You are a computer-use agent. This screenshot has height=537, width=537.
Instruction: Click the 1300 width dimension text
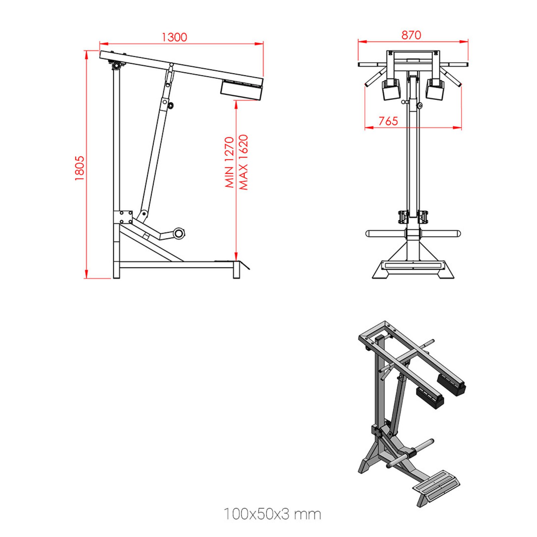point(174,37)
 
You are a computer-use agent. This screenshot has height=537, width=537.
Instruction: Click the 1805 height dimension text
point(80,168)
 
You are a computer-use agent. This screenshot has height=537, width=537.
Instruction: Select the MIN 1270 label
point(229,162)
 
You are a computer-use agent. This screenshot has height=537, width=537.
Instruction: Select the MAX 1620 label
point(243,162)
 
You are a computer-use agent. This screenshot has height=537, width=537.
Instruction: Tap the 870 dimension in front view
point(411,35)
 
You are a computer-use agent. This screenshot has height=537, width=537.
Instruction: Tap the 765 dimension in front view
point(388,121)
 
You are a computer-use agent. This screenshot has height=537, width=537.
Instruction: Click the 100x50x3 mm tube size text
point(272,514)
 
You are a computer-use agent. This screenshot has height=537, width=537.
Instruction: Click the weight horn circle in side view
point(179,233)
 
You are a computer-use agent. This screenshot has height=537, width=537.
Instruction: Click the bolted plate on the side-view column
point(123,217)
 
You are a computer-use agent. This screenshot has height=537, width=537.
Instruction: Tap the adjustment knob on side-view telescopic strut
point(171,105)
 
